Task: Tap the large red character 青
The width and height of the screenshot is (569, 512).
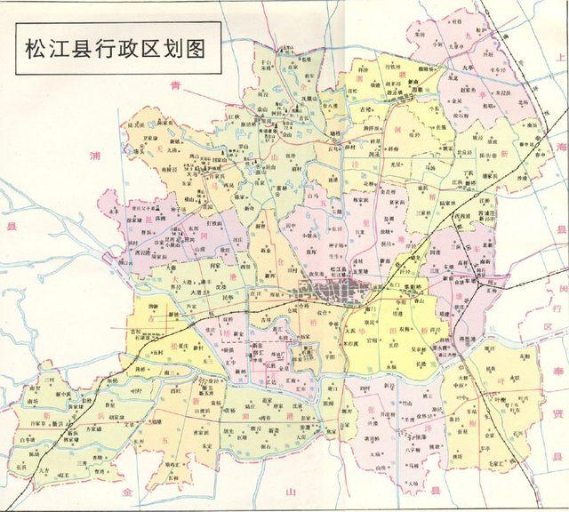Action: coord(175,85)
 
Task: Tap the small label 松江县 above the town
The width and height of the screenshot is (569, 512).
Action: coord(336,268)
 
